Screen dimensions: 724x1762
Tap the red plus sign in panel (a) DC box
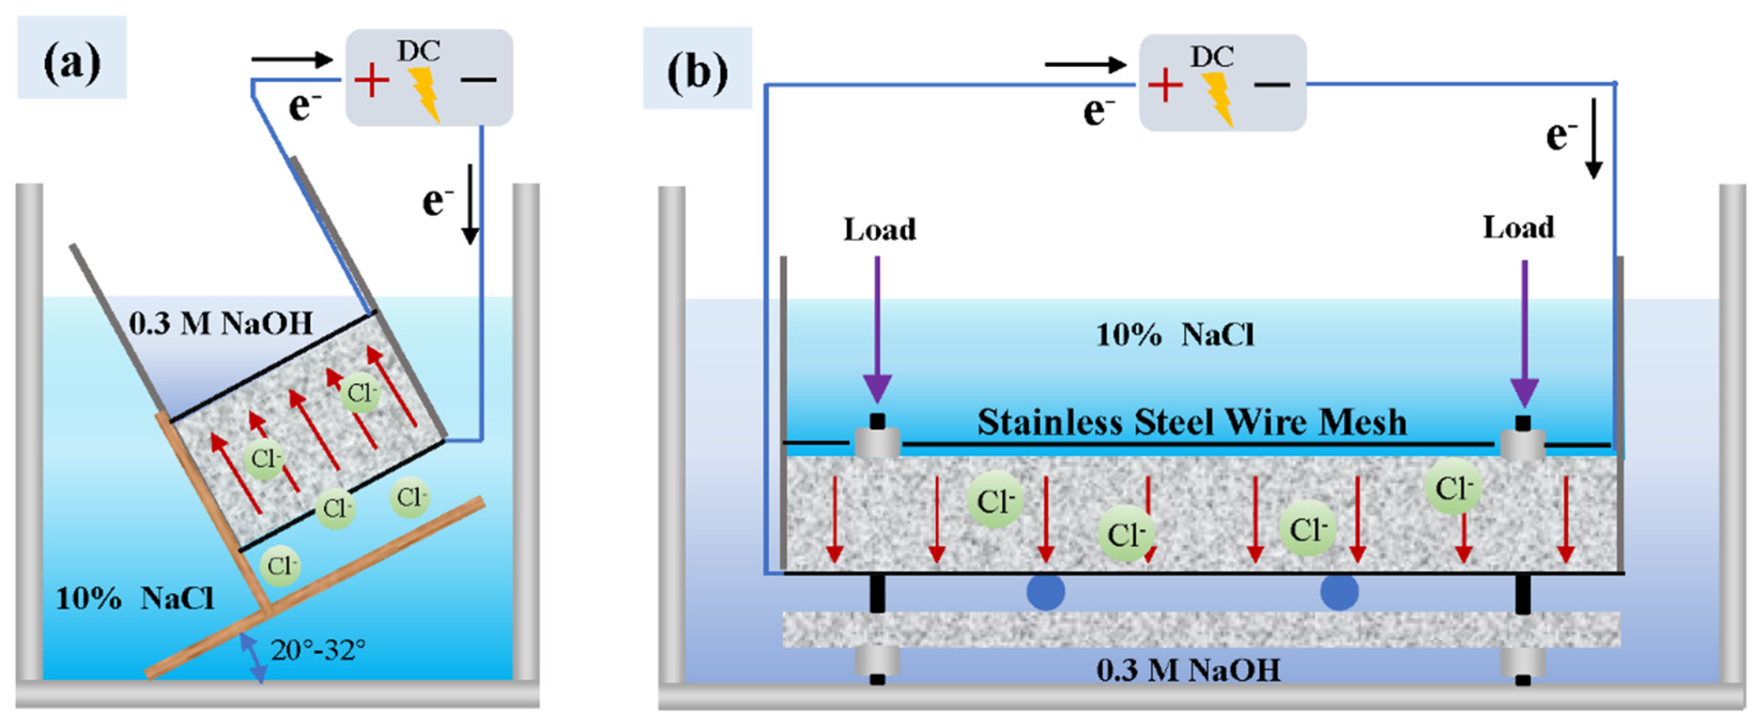[x=372, y=80]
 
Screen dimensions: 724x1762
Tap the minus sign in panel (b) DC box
[x=1272, y=85]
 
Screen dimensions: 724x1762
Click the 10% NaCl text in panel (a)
[x=135, y=599]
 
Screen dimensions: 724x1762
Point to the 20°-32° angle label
[x=318, y=650]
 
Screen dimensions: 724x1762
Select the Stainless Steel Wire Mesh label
[x=1191, y=422]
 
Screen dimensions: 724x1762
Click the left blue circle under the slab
[x=1045, y=592]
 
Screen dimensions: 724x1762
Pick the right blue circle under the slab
[x=1338, y=592]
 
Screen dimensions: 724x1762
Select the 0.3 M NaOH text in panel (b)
[x=1188, y=670]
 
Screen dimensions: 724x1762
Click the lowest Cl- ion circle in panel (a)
[x=280, y=566]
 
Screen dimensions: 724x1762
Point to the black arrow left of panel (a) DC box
[x=291, y=59]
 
